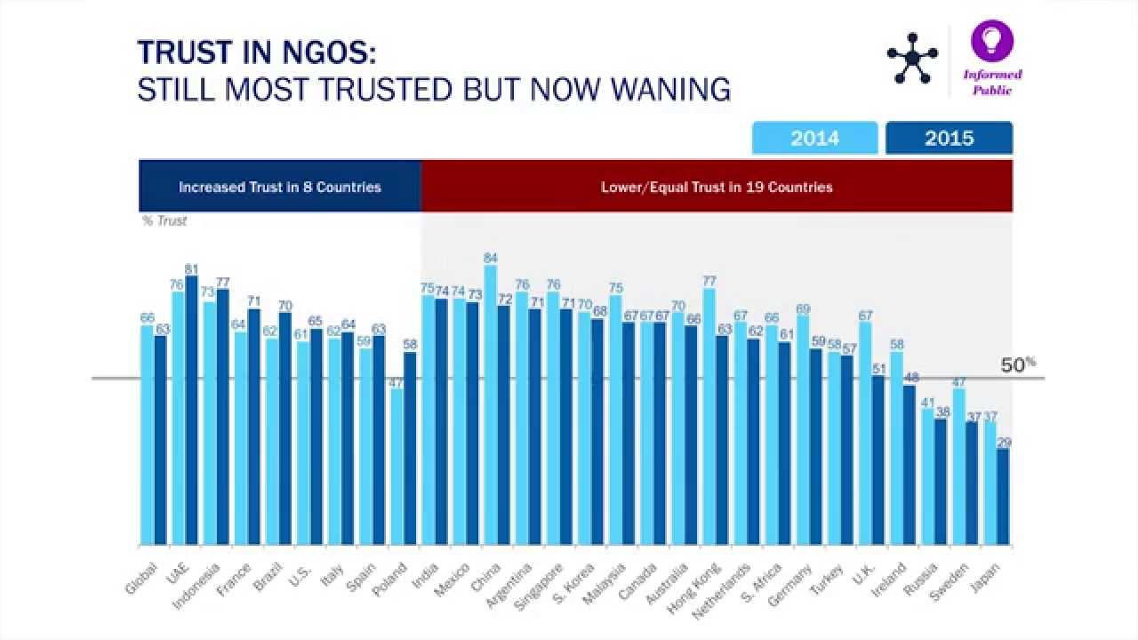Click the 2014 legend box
tap(814, 139)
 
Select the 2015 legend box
tap(949, 139)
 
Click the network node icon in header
tap(912, 59)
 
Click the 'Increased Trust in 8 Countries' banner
tap(279, 187)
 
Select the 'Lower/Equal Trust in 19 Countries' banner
tap(717, 187)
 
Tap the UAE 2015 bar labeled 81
tap(191, 410)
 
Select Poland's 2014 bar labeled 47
tap(397, 466)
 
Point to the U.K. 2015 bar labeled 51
tap(878, 460)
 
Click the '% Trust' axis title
tap(164, 221)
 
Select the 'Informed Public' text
tap(992, 82)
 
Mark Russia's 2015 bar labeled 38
tap(941, 481)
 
